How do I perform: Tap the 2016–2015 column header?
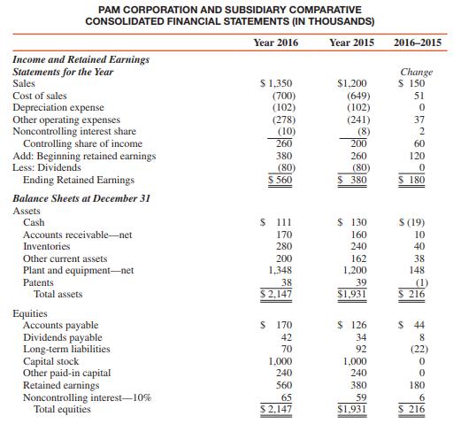[421, 42]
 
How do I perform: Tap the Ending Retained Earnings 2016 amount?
[281, 180]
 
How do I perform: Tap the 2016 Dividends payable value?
[285, 337]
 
